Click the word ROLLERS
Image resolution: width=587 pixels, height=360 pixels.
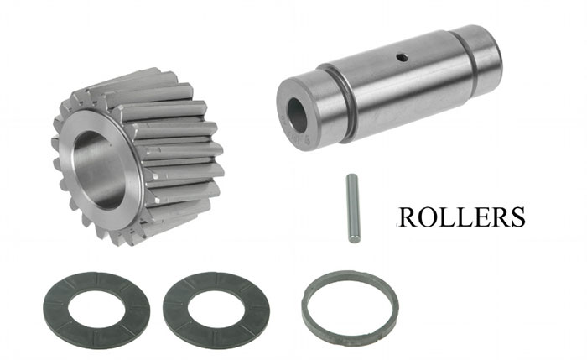tap(461, 217)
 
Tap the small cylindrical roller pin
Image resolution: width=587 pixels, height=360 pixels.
tap(353, 208)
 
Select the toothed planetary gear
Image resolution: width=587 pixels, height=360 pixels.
tap(138, 156)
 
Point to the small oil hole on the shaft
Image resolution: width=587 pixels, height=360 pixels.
tap(403, 57)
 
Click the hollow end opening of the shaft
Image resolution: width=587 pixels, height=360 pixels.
tap(297, 115)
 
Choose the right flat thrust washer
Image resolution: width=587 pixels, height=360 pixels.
tap(216, 310)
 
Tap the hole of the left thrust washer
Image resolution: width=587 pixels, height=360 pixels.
tap(96, 310)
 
